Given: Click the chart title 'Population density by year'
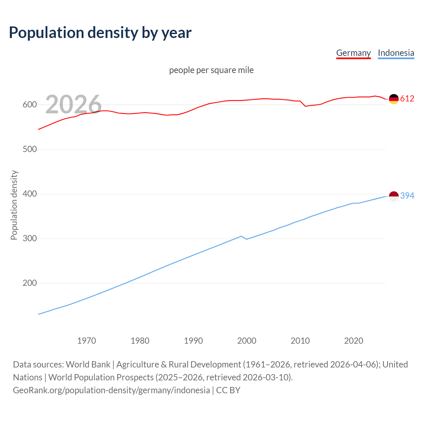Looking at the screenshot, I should coord(100,32).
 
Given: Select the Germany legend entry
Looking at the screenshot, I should coord(353,53).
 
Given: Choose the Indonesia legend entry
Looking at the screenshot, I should coord(396,53).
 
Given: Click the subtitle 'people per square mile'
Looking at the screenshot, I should coord(211,70).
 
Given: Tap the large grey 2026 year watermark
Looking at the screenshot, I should coord(73,104).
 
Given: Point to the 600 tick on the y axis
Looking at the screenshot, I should coord(29,105).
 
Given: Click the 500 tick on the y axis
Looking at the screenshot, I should coord(29,149).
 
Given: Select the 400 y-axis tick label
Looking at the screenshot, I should coord(29,194).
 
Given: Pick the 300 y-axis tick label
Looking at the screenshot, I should coord(29,239).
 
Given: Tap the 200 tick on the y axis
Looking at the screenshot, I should coord(29,283).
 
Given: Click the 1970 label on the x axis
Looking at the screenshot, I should coord(87,341).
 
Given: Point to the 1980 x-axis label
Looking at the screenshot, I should coord(140,341).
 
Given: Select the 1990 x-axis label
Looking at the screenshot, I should coord(193,341).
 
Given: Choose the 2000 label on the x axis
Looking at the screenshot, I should coord(247,341).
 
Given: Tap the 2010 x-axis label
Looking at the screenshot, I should coord(300,341).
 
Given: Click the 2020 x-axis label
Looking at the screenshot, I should coord(354,341).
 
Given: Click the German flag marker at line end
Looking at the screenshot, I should coord(394,99).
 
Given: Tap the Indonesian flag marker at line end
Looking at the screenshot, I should coord(394,196).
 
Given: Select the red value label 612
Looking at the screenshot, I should coord(407,99).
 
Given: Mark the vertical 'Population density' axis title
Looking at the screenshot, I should coord(14,205).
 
